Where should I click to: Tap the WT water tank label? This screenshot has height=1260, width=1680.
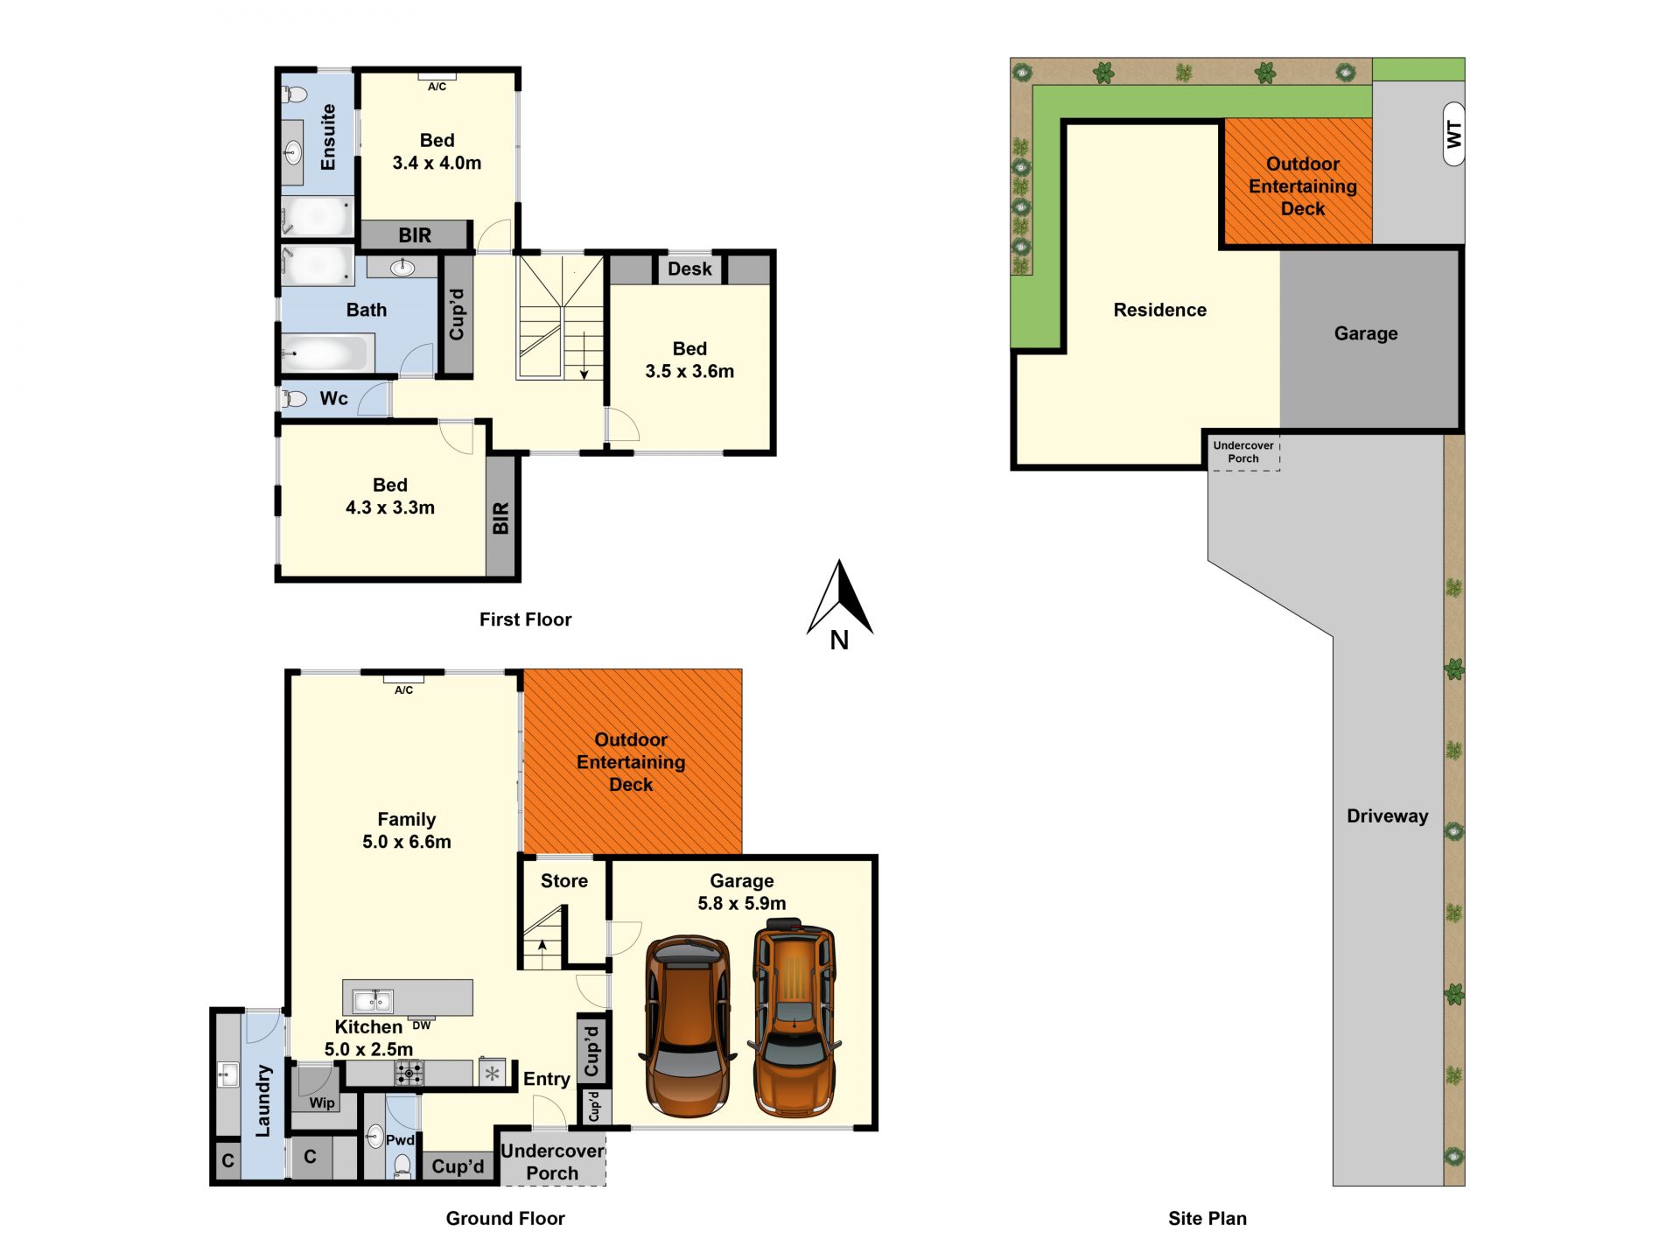pos(1453,134)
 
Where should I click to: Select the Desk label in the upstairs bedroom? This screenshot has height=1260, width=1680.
pos(689,269)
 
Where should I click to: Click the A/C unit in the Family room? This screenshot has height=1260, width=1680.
pos(403,678)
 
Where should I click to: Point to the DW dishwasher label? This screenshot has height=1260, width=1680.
pos(422,1025)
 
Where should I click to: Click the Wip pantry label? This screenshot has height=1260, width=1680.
pos(322,1102)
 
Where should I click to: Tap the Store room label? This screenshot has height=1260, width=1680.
pos(564,881)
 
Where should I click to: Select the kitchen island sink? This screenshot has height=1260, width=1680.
pos(373,999)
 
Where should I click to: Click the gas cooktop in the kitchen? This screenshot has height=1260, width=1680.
pos(409,1072)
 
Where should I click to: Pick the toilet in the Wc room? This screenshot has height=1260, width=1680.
pos(295,399)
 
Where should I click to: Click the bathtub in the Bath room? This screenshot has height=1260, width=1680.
pos(325,353)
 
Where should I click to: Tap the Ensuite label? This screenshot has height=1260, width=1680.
pos(328,137)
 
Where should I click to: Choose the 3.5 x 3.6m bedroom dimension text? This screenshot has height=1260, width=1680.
pos(689,371)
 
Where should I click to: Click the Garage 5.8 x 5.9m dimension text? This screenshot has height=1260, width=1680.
pos(742,903)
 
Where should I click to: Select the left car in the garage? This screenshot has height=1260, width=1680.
pos(688,1025)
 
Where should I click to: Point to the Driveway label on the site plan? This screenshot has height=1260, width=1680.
pos(1388,816)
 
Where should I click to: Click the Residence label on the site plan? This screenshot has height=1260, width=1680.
pos(1160,310)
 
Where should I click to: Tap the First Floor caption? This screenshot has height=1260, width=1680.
pos(525,619)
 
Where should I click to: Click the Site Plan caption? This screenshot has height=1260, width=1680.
pos(1207,1218)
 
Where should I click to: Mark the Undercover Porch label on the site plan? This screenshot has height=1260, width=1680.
pos(1243,451)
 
